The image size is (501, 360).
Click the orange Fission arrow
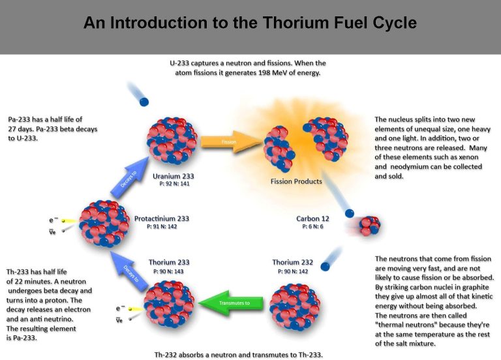(232, 142)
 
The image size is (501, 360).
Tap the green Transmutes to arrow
(231, 303)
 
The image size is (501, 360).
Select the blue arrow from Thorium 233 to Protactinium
(129, 271)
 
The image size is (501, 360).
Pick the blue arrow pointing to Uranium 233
(129, 177)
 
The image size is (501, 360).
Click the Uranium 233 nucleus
(172, 141)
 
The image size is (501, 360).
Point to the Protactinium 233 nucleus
(104, 224)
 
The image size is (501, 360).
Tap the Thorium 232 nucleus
(295, 307)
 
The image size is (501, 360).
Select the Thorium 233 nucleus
(169, 305)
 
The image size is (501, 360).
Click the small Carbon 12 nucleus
(370, 226)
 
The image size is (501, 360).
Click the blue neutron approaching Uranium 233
(144, 102)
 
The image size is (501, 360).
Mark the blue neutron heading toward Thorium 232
(325, 266)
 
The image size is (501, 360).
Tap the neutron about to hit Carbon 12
(350, 213)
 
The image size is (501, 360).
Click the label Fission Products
(296, 181)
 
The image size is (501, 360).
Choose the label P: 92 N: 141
(174, 184)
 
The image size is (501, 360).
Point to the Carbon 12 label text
(312, 219)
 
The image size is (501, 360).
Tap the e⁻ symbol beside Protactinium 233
(53, 220)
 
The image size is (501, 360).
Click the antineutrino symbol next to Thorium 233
(119, 320)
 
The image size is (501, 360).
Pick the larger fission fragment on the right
(326, 138)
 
